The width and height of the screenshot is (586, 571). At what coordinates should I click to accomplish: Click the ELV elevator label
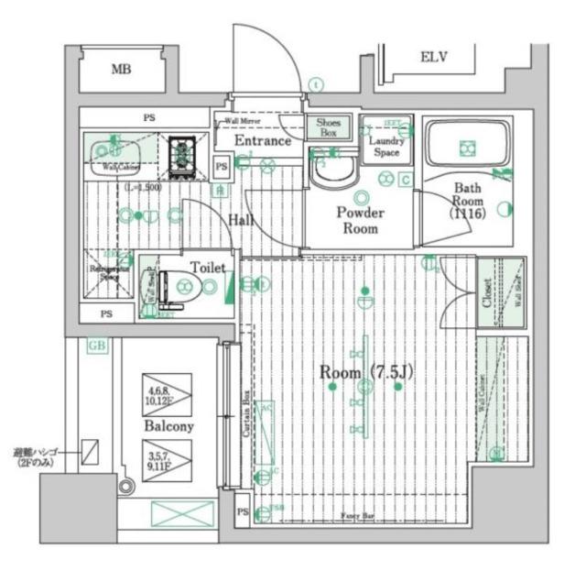tap(433, 58)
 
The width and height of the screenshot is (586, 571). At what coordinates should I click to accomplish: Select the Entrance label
tap(263, 141)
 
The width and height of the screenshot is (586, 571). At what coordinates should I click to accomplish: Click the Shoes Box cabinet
tap(327, 127)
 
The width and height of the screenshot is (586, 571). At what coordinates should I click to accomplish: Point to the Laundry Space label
tap(387, 147)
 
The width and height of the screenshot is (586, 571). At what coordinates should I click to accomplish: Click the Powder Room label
tap(360, 220)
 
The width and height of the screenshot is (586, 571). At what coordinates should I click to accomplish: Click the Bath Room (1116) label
tap(467, 202)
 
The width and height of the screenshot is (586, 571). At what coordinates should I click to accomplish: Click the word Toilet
tap(207, 268)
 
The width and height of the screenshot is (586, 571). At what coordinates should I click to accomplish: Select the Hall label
tap(242, 220)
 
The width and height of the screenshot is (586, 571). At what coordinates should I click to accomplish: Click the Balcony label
tap(168, 426)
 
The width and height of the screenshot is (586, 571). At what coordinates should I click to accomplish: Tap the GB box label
tap(95, 346)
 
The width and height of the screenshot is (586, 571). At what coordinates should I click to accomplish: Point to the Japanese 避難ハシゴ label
tap(37, 457)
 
